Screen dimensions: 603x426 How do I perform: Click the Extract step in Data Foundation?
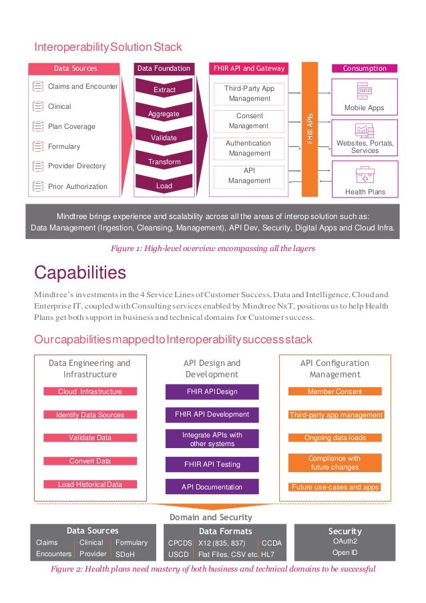(164, 89)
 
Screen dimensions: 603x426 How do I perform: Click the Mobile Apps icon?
(365, 91)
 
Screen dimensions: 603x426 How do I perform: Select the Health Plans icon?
(365, 176)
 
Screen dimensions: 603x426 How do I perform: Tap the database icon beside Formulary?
(39, 146)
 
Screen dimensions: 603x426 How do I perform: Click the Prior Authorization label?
(77, 186)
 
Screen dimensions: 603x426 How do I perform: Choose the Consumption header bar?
(365, 68)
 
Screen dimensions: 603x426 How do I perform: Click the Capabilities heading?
(80, 272)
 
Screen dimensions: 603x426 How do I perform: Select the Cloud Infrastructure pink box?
(90, 391)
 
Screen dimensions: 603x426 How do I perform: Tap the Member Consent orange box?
(335, 391)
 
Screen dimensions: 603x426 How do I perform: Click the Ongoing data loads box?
(335, 438)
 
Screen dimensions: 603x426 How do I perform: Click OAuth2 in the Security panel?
(345, 542)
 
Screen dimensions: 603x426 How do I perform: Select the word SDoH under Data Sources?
(125, 554)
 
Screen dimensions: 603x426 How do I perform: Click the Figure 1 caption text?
(212, 248)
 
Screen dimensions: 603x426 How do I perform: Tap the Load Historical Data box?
(90, 484)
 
